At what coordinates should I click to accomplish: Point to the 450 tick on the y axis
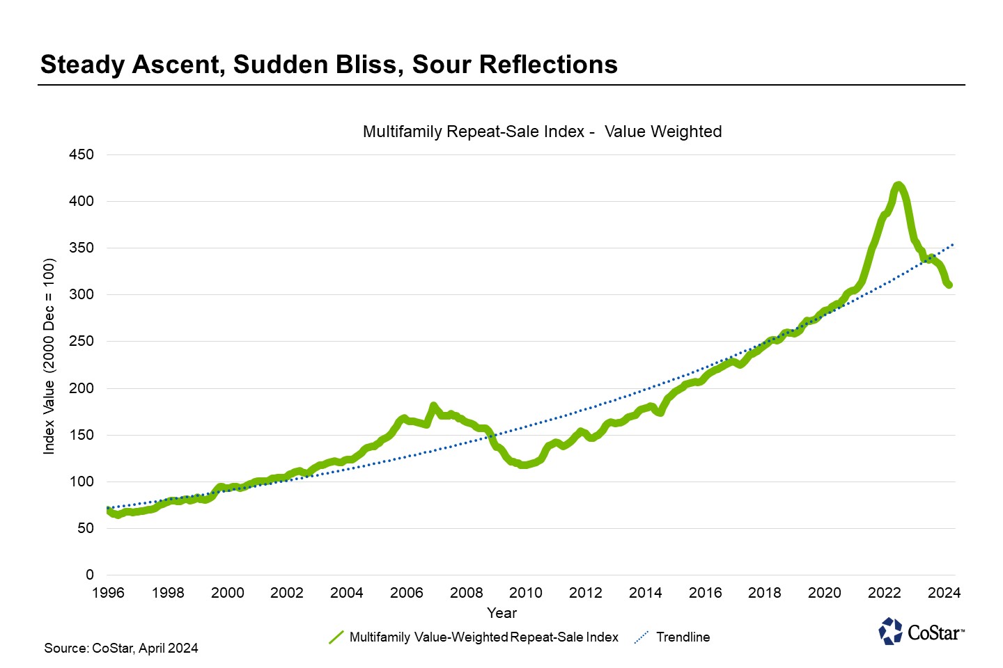(x=81, y=154)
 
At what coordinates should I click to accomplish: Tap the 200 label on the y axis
(x=81, y=388)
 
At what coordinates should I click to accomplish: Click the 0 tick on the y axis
(x=89, y=575)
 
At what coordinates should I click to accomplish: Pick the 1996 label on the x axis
(x=108, y=593)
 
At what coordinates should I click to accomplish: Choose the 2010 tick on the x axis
(x=526, y=593)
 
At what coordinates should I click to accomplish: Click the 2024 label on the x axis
(x=944, y=593)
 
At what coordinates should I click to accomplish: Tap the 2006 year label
(x=406, y=593)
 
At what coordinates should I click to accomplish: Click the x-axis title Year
(x=501, y=613)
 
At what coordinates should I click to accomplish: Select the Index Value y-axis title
(x=49, y=356)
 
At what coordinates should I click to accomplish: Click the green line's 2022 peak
(x=899, y=185)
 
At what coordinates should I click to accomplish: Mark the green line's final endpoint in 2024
(x=949, y=285)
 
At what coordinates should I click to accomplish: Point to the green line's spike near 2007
(x=433, y=406)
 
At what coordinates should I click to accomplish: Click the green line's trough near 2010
(x=523, y=465)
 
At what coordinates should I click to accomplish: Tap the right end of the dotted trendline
(x=953, y=245)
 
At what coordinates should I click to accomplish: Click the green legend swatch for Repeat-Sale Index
(x=336, y=637)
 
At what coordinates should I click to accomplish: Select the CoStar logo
(x=921, y=631)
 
